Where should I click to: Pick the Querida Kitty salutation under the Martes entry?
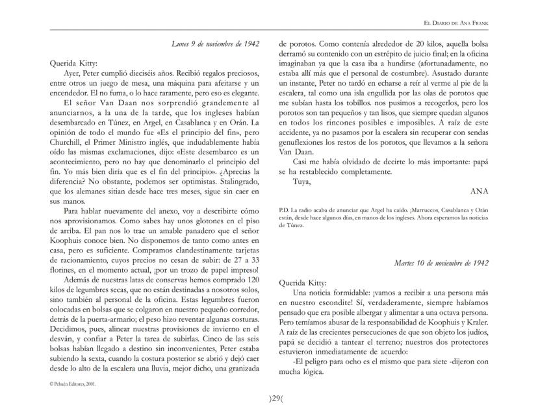coord(302,282)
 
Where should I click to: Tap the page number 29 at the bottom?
coord(268,398)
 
